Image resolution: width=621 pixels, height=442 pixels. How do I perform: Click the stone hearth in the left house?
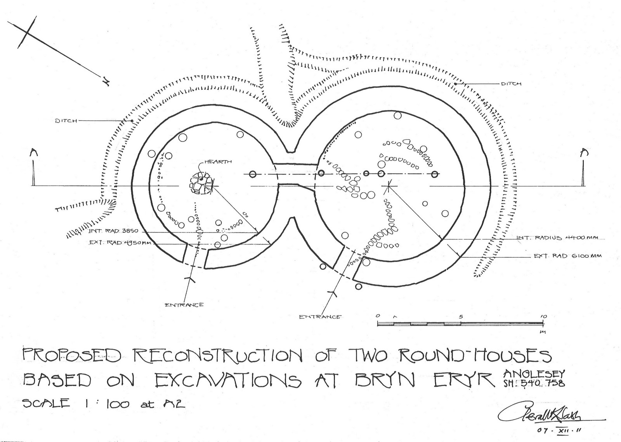(201, 183)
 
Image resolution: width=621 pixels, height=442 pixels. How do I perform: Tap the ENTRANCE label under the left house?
(184, 304)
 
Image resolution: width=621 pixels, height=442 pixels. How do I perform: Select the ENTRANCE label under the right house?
(320, 317)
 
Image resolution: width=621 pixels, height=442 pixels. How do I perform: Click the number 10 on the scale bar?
(543, 317)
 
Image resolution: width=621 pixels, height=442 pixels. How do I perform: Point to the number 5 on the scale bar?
(461, 317)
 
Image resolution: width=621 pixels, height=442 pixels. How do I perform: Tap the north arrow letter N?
(105, 80)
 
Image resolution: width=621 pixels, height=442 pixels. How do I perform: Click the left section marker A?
(34, 154)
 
